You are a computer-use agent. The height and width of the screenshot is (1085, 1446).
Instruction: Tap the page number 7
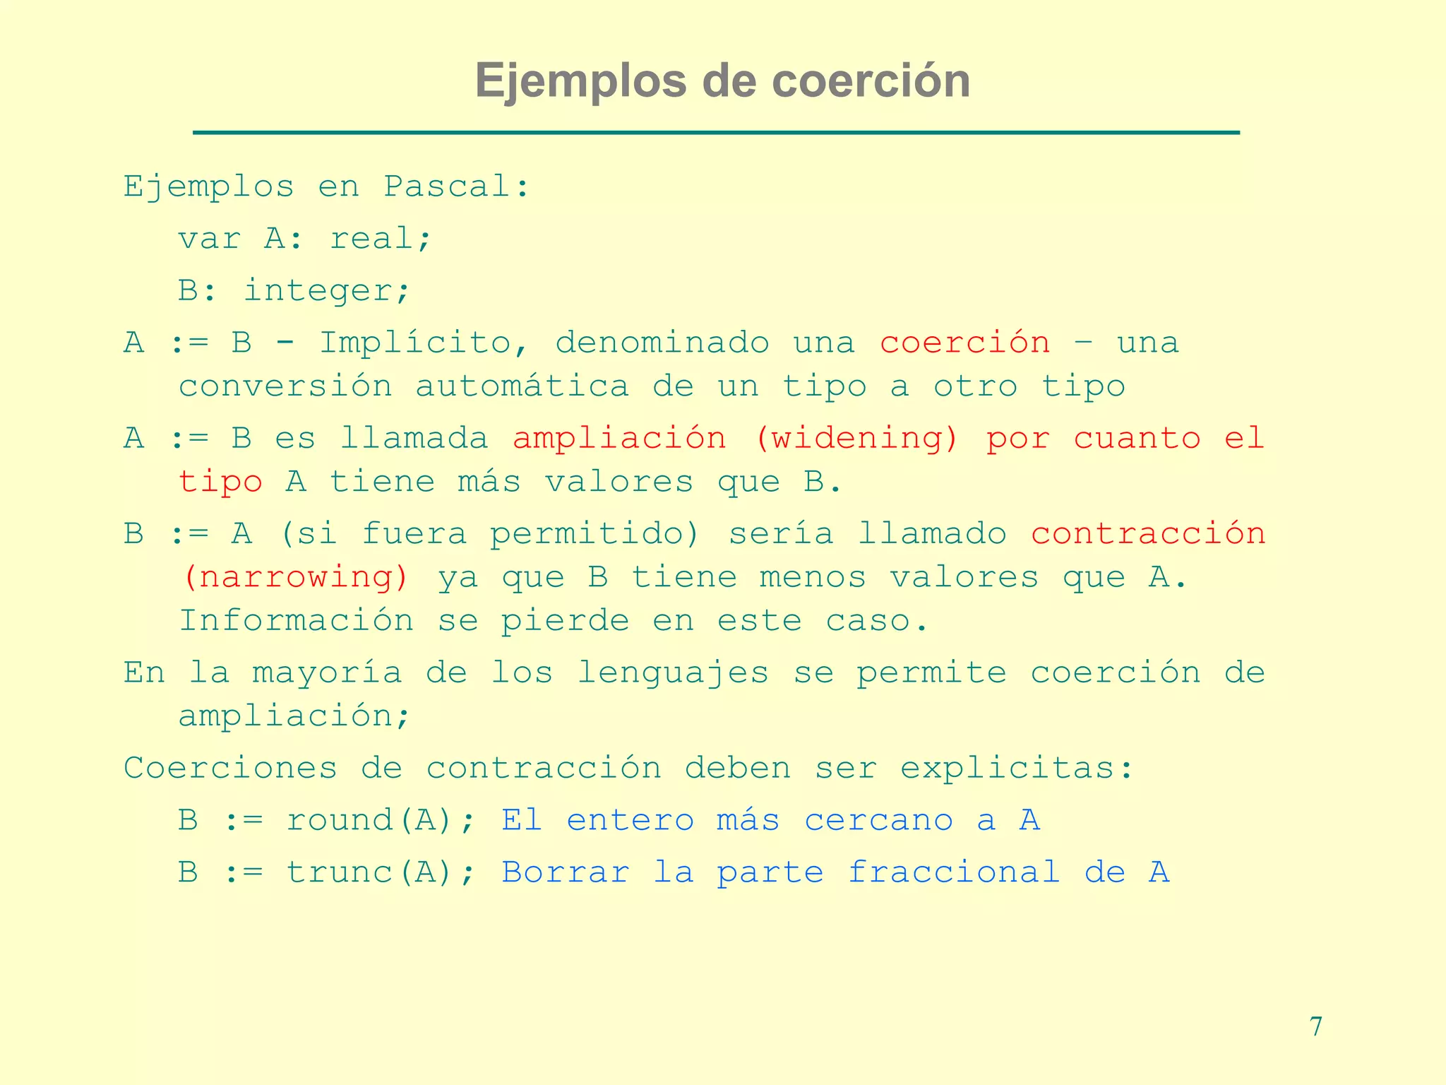pos(1315,1026)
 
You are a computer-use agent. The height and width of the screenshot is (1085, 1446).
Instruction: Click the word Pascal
pos(455,187)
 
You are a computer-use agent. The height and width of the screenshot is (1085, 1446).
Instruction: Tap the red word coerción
pos(965,343)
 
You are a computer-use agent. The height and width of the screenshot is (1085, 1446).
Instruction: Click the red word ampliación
pos(619,439)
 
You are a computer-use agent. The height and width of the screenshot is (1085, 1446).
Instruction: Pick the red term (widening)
pos(857,439)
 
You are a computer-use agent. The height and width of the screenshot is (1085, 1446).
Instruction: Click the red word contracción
pos(1148,534)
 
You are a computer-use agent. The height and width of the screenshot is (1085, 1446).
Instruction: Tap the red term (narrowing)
pos(295,578)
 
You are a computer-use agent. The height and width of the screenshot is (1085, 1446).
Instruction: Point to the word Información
pos(296,622)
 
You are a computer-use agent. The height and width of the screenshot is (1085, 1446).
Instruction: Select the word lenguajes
pos(673,672)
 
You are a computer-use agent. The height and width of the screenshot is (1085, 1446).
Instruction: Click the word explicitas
pos(1017,769)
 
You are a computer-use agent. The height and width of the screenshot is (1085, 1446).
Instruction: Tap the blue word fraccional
pos(954,873)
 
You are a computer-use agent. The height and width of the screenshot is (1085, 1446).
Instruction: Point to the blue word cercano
pos(878,821)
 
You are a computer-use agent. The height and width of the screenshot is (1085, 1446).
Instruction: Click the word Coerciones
pos(230,769)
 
